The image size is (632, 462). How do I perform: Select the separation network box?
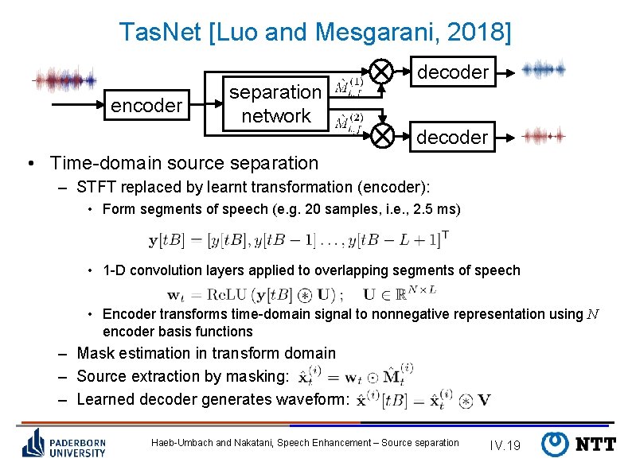pos(275,103)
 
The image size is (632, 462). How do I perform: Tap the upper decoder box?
pos(452,72)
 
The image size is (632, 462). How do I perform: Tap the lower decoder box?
pos(452,137)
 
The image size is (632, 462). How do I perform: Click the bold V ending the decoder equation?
pos(483,400)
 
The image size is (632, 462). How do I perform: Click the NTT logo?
pos(579,443)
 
